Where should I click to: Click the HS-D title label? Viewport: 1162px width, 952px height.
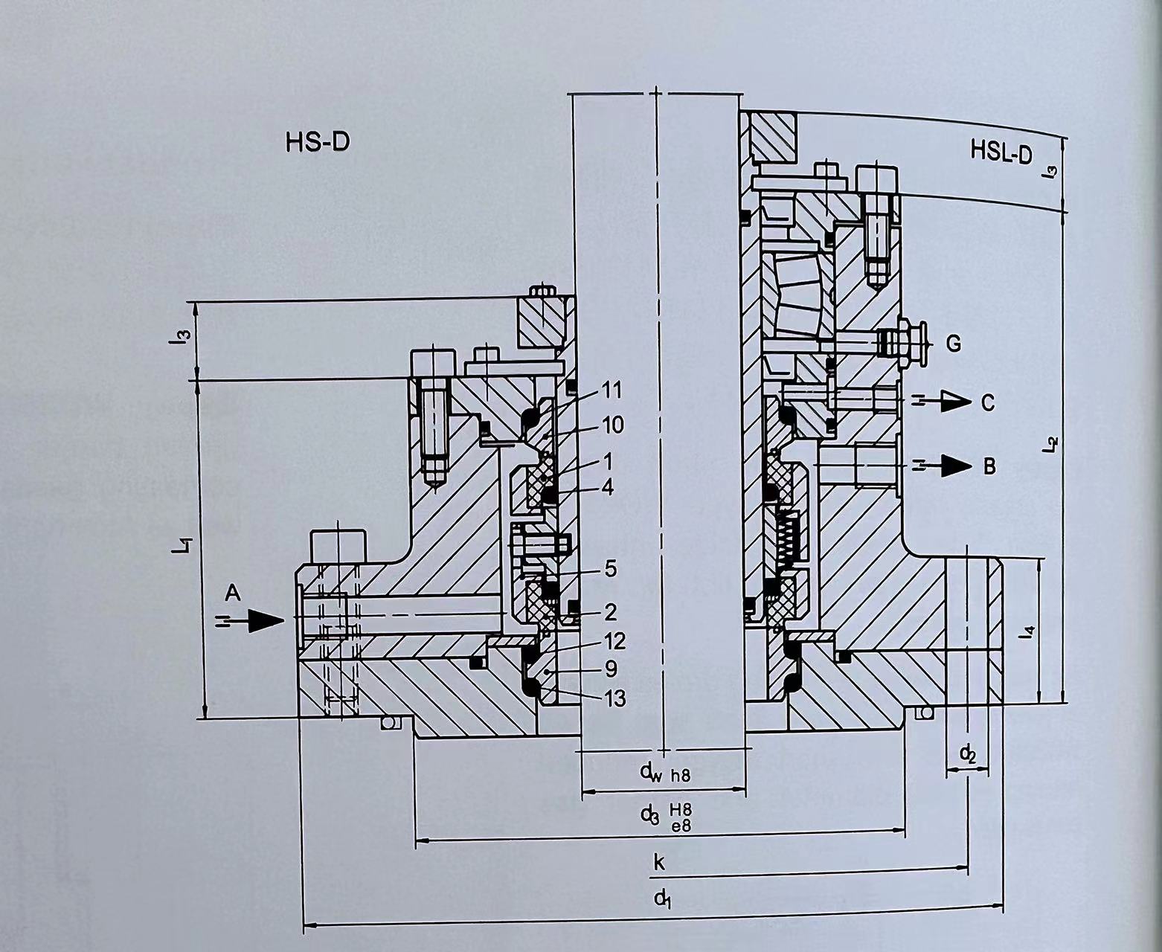point(318,143)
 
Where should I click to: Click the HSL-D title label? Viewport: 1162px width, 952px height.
point(1001,152)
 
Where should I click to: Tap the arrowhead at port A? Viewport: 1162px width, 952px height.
point(266,620)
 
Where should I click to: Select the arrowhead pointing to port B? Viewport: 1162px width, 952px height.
point(955,466)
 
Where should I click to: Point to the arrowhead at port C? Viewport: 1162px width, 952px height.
point(955,402)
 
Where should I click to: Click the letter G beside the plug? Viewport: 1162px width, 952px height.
point(954,344)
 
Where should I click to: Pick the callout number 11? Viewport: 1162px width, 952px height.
point(611,390)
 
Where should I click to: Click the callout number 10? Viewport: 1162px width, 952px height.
point(612,425)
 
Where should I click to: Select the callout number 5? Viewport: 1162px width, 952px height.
point(611,569)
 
